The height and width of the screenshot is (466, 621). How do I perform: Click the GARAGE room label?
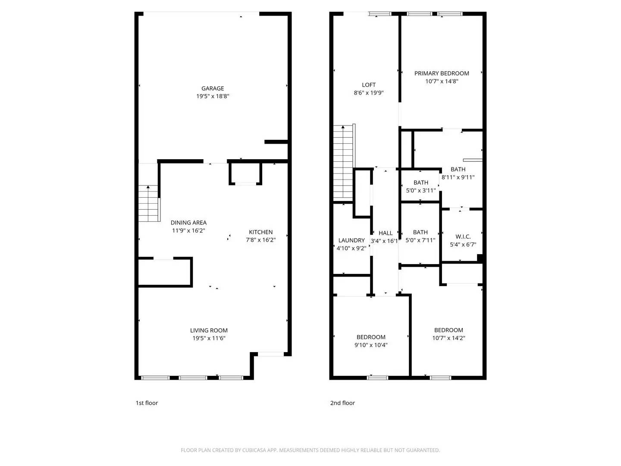(x=213, y=88)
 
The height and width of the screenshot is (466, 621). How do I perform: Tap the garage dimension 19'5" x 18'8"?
(x=213, y=96)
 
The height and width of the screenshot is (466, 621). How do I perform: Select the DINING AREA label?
(x=188, y=223)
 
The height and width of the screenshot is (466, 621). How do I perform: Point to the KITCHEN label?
(x=260, y=232)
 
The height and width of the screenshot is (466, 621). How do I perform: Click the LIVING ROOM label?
(x=209, y=331)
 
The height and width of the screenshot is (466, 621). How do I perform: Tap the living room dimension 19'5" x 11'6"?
(x=209, y=338)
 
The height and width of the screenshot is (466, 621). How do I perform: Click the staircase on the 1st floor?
(x=149, y=204)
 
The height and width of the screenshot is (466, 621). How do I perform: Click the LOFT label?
(x=369, y=85)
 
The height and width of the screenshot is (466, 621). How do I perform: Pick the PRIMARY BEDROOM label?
(x=442, y=73)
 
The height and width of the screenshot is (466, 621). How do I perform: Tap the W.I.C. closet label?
(x=463, y=236)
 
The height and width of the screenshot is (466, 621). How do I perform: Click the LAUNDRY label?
(x=351, y=240)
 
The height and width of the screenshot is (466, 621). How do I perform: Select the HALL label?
(x=386, y=233)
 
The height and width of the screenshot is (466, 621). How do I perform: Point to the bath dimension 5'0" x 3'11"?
(x=421, y=190)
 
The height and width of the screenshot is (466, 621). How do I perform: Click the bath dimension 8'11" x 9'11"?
(x=458, y=177)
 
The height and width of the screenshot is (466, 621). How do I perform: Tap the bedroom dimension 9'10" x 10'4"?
(x=371, y=345)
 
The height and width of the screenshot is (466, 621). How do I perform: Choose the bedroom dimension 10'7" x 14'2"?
(x=448, y=338)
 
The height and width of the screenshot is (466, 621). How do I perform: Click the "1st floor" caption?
(x=147, y=403)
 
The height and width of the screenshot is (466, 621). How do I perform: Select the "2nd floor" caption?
(x=342, y=403)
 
